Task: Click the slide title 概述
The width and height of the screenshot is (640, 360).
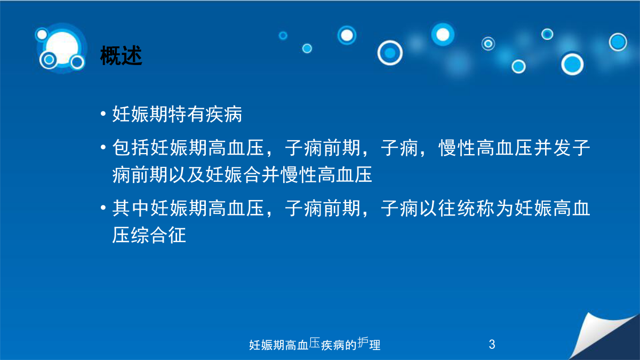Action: tap(121, 55)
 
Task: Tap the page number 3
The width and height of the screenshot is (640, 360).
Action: tap(492, 345)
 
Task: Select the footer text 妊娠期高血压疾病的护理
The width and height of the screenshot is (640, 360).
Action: tap(315, 344)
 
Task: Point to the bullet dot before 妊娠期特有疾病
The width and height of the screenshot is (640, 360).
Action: tap(103, 114)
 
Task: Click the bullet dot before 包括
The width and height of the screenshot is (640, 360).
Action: tap(103, 147)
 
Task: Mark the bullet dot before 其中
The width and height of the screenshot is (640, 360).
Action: tap(103, 207)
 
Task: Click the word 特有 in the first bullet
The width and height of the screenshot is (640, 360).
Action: tap(187, 114)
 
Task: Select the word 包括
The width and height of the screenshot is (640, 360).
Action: tap(131, 148)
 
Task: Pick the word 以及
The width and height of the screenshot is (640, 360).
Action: tap(187, 174)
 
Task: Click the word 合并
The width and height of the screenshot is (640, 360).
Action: tap(262, 174)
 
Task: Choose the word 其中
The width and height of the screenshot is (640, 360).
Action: tap(131, 208)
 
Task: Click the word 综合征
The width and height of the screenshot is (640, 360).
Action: tap(158, 235)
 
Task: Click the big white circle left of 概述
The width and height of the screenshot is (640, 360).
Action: tap(62, 47)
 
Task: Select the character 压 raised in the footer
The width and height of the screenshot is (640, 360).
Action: tap(315, 342)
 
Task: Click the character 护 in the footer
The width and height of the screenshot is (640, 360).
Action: tap(363, 342)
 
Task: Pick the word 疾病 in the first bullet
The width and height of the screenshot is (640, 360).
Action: tap(224, 114)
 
